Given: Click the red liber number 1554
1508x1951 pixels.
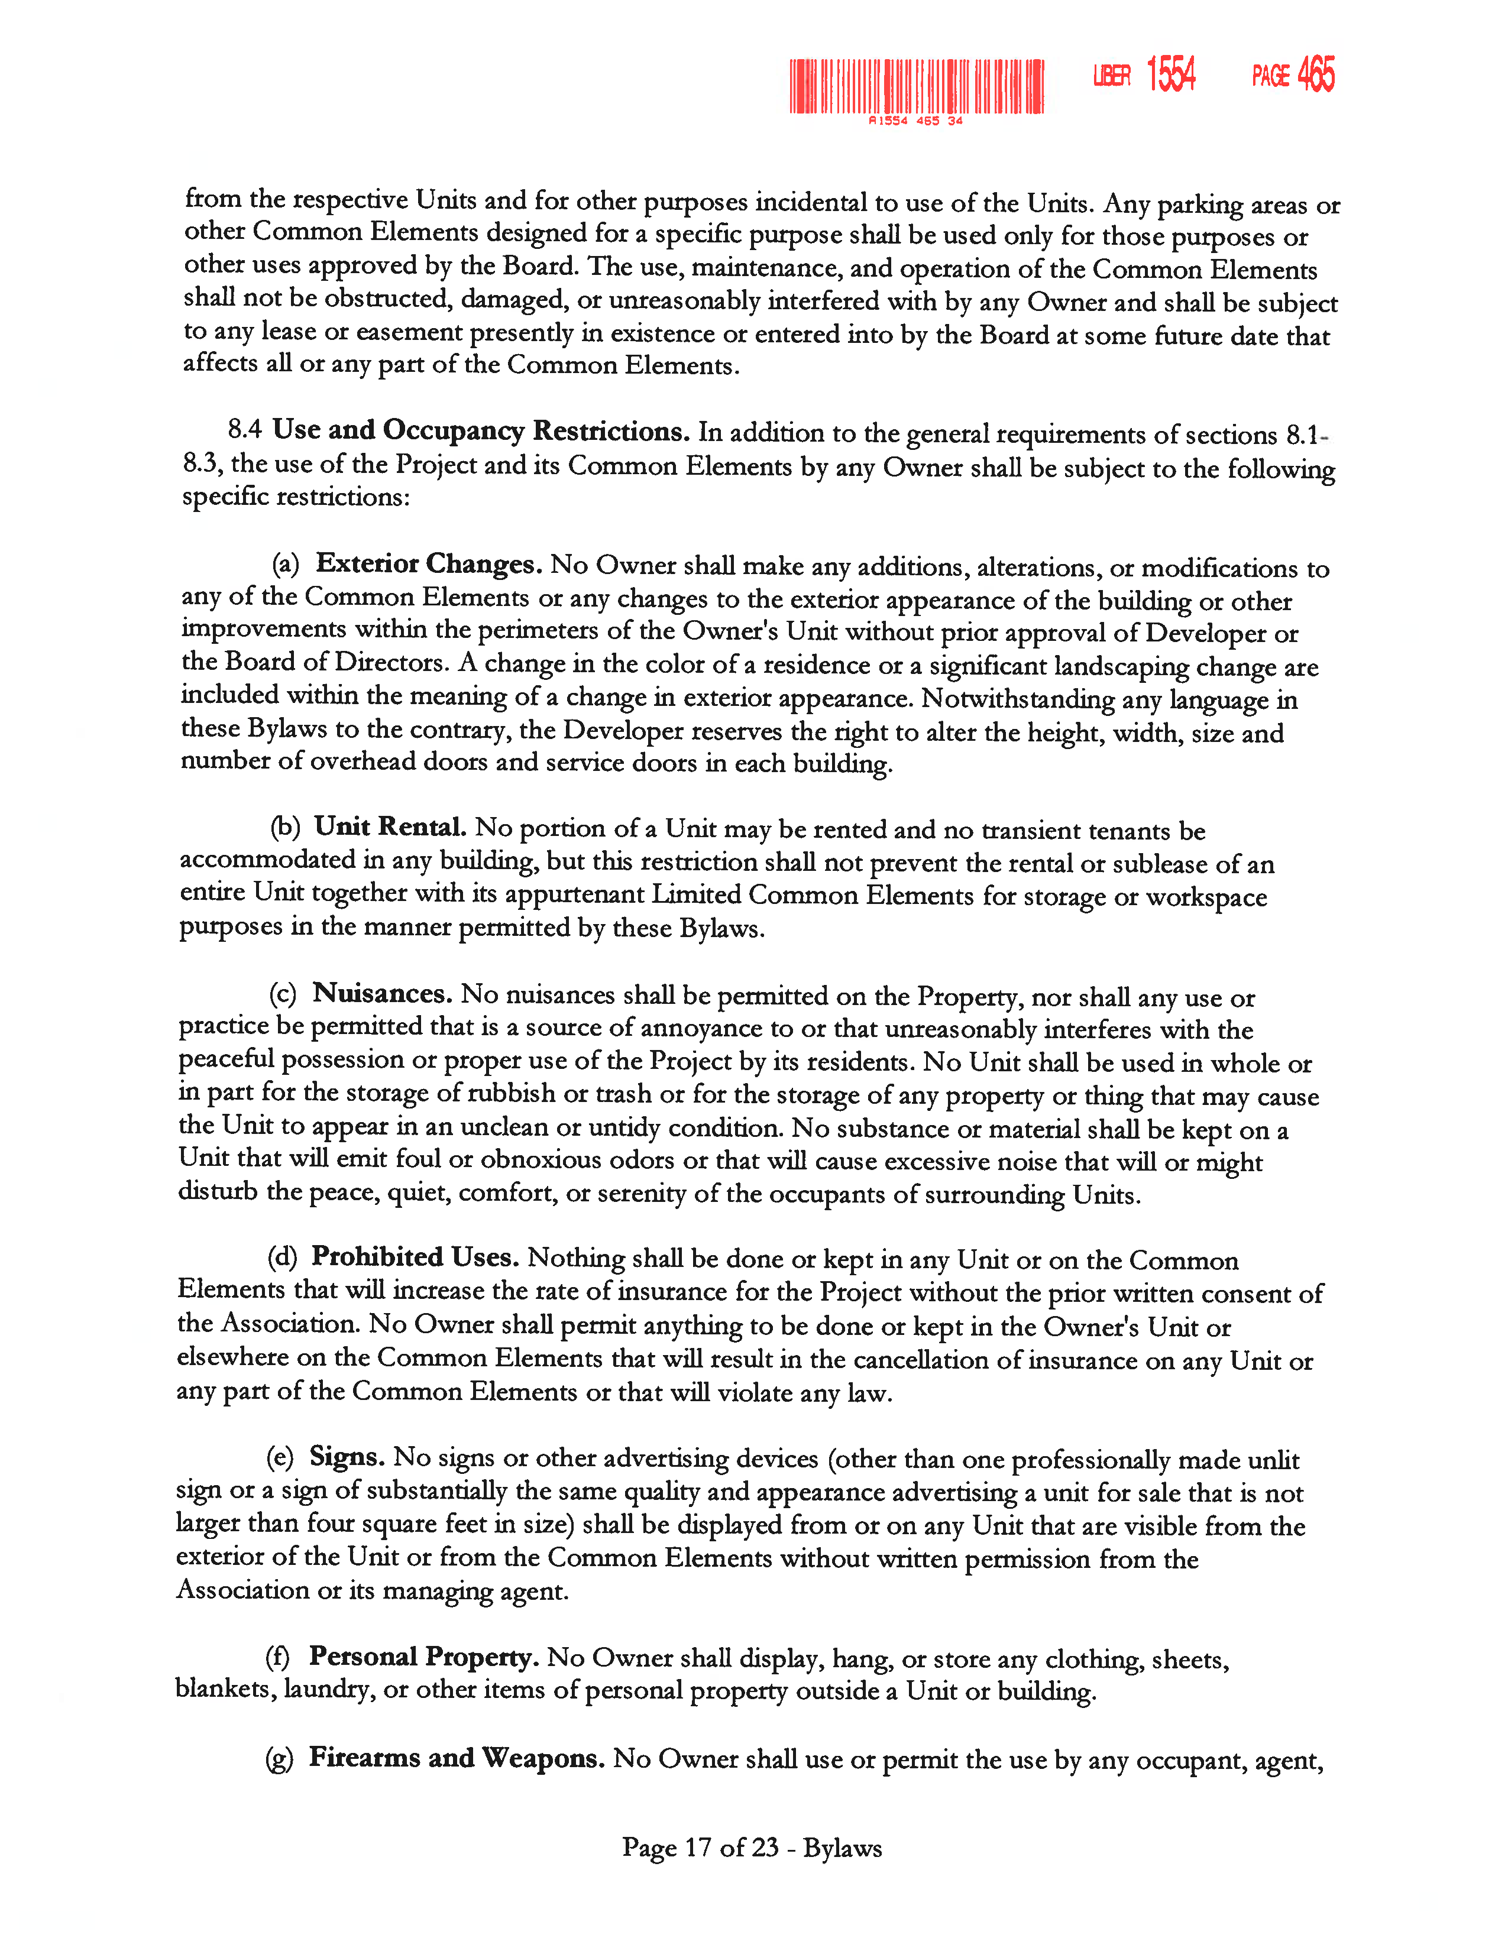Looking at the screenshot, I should tap(1170, 74).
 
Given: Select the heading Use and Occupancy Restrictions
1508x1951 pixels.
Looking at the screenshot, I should tap(481, 430).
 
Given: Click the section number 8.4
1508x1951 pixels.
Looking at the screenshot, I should tap(244, 429).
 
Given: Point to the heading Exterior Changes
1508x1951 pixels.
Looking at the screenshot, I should tap(429, 563).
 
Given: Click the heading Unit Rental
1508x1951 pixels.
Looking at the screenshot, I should tap(390, 827).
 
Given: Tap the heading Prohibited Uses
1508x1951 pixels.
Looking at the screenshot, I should tap(415, 1257).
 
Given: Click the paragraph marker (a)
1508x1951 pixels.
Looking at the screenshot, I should tap(285, 563).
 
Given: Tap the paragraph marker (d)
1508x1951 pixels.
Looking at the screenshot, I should tap(281, 1258).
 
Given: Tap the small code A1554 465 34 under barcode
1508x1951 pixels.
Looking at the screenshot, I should tap(915, 121).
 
